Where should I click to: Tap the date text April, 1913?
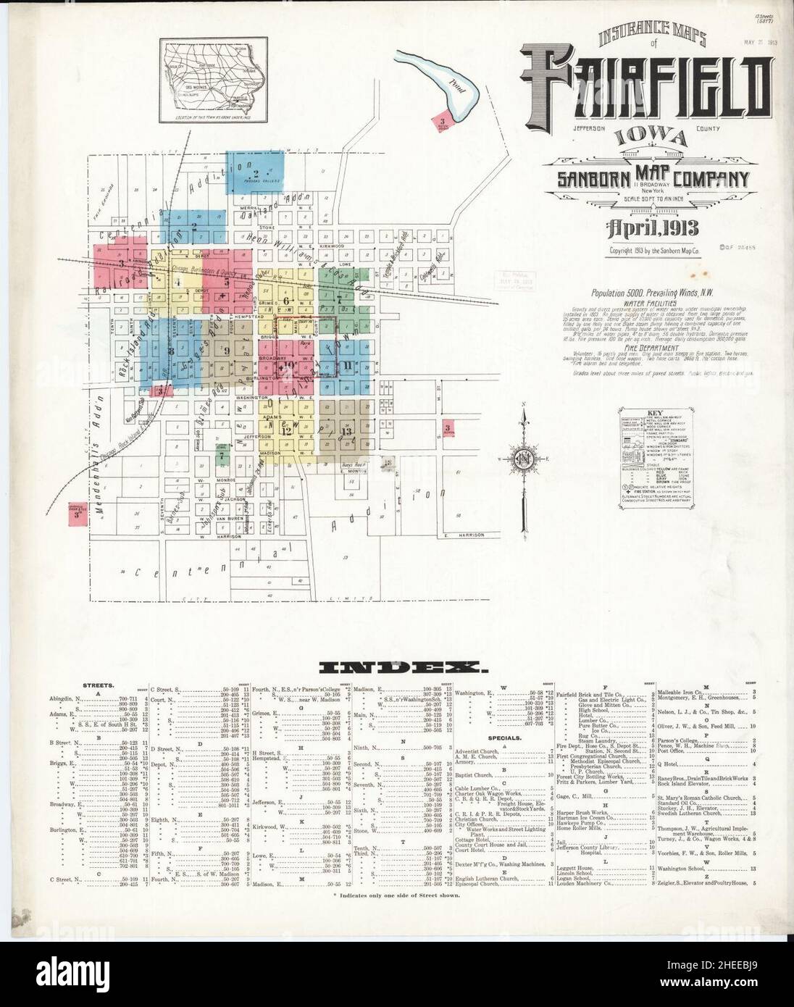pyautogui.click(x=645, y=228)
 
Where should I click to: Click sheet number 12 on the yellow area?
pyautogui.click(x=287, y=430)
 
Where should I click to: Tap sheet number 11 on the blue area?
pyautogui.click(x=348, y=364)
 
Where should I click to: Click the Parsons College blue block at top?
pyautogui.click(x=255, y=172)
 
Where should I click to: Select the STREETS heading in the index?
pyautogui.click(x=96, y=683)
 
